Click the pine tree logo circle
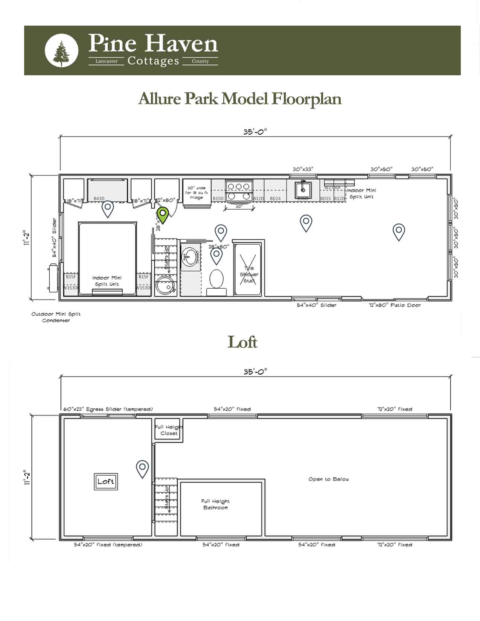[61, 50]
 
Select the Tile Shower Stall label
[249, 274]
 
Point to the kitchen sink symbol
[303, 188]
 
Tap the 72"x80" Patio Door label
[394, 305]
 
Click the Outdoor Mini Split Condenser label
[56, 317]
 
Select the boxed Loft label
[106, 481]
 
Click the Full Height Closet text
[169, 430]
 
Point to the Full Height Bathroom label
[215, 504]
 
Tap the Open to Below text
[329, 479]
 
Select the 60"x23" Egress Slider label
[108, 409]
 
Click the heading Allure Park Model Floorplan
[240, 99]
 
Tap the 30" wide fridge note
[197, 193]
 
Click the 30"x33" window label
[303, 169]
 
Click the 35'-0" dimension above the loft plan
[255, 371]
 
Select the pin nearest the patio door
[399, 231]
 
